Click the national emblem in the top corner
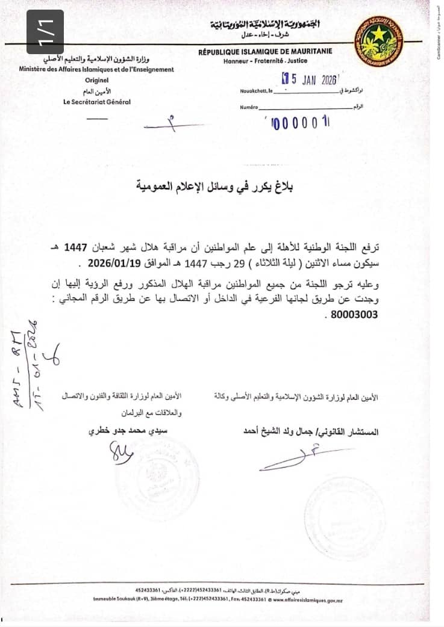coord(378,41)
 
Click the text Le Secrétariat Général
coord(96,102)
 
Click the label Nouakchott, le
coord(255,90)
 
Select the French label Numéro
coord(249,107)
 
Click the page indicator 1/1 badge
coord(45,32)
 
